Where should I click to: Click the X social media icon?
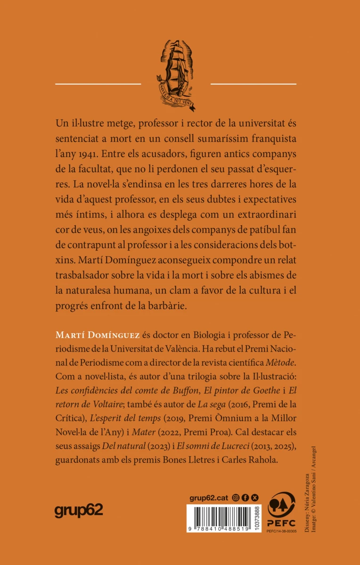[x=255, y=484]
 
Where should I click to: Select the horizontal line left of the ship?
[x=98, y=84]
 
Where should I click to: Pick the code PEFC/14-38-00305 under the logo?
[x=282, y=531]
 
